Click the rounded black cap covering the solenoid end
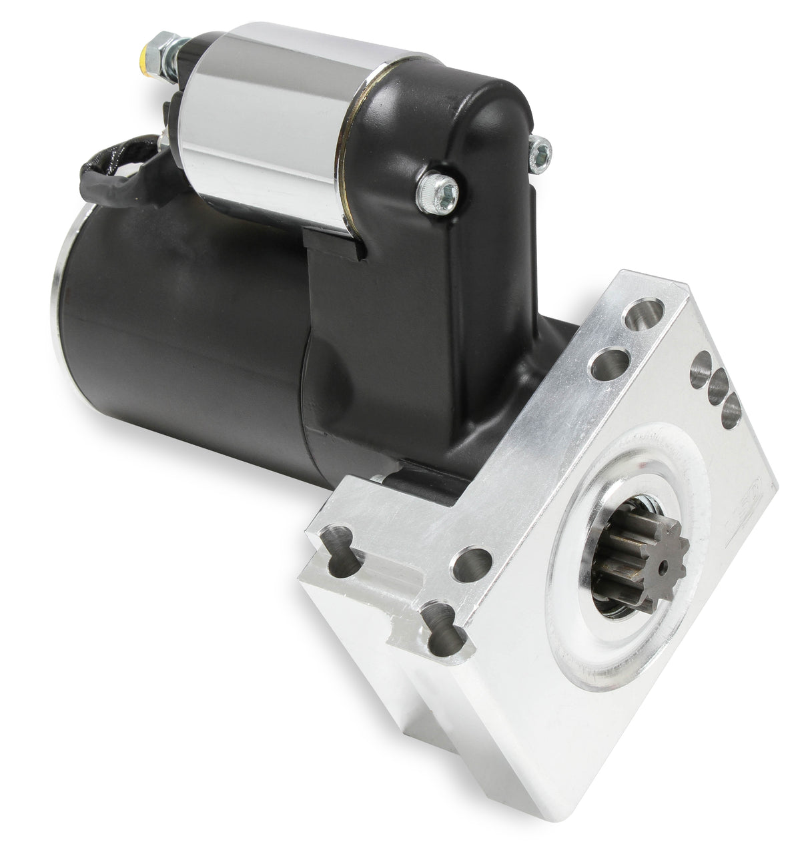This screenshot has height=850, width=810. (x=460, y=113)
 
